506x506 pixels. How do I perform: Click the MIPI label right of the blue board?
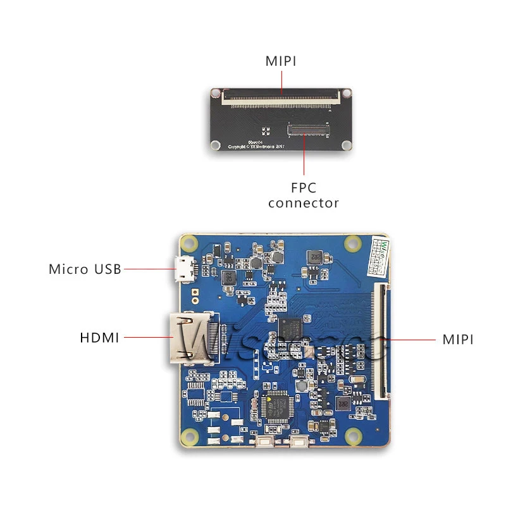(458, 339)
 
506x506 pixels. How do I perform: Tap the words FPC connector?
(304, 195)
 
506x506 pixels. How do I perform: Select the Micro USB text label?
(85, 269)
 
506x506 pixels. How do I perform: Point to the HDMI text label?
(100, 338)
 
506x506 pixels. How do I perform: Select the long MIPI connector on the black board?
(281, 96)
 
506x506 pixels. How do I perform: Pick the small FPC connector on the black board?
(309, 130)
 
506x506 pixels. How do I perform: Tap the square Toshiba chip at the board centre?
(291, 328)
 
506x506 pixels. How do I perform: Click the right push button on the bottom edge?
(299, 442)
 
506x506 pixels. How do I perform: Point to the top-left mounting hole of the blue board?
(189, 243)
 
